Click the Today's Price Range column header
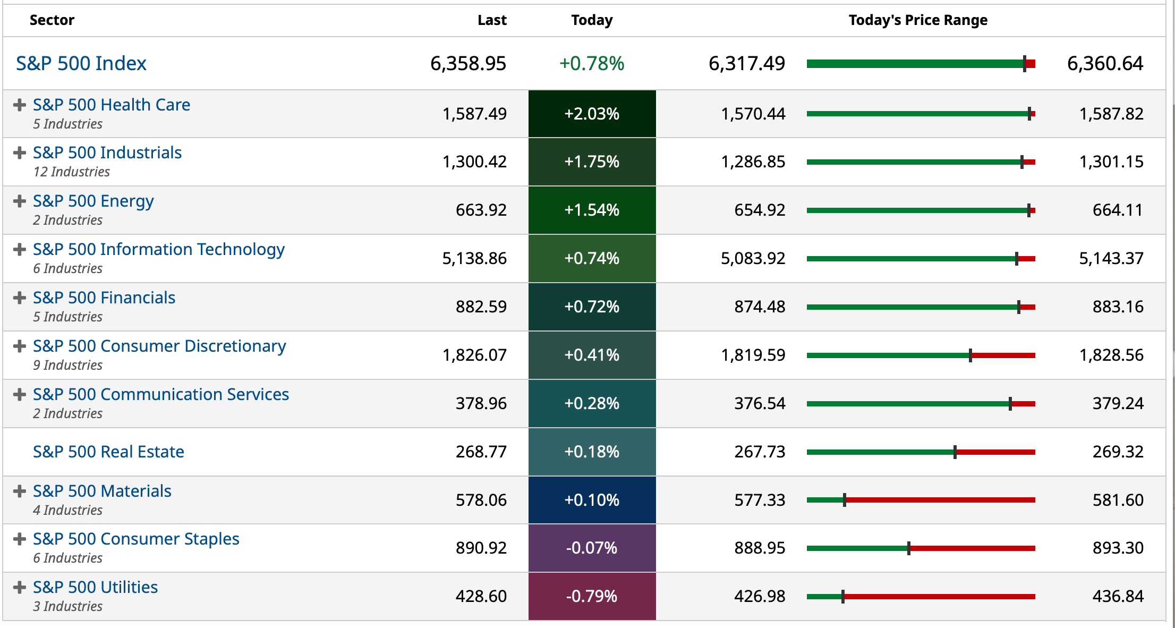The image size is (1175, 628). coord(917,20)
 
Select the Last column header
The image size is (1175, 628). coord(491,20)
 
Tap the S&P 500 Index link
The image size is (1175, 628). coord(81,64)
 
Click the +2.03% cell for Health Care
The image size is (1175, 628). coord(592,114)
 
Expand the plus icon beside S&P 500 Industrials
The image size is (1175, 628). coord(20,153)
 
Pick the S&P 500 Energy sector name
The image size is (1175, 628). coord(93,201)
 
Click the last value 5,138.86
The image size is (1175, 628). coord(474,258)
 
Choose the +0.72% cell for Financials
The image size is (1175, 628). coord(592,307)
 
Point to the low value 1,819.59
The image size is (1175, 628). coord(753,355)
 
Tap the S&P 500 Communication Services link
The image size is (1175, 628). coord(160,394)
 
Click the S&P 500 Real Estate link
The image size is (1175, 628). coord(108,452)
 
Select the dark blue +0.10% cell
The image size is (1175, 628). coord(592,500)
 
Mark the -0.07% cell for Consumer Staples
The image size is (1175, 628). coord(592,548)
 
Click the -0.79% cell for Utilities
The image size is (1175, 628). coord(592,596)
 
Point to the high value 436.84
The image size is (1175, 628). coord(1118,596)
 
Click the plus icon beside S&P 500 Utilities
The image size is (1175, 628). coord(20,587)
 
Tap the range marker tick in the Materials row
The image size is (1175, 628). coord(845,500)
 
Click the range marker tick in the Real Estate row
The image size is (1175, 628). coord(955,452)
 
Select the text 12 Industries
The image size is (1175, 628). coord(71,172)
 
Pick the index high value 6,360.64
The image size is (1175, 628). coord(1105,64)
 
